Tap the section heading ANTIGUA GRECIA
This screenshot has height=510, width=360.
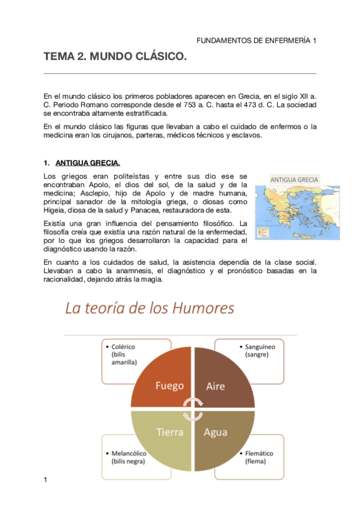click(87, 163)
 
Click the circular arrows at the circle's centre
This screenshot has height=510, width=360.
click(193, 410)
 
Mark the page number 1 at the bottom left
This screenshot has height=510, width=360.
click(46, 479)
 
